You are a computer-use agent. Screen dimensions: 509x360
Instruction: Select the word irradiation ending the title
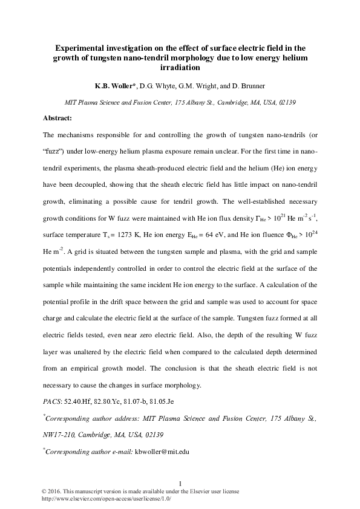[180, 68]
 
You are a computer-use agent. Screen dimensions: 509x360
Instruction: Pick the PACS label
[52, 401]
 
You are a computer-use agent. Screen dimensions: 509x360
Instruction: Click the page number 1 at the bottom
[180, 482]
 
